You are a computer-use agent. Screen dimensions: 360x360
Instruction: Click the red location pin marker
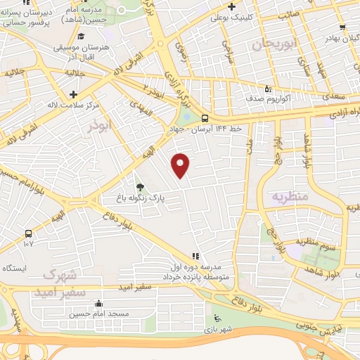pyautogui.click(x=181, y=165)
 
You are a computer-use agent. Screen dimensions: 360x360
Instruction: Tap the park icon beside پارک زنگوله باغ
pyautogui.click(x=140, y=187)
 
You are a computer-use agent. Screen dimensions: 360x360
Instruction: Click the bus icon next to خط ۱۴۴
pyautogui.click(x=205, y=118)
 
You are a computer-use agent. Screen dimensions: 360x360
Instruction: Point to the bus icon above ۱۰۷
pyautogui.click(x=28, y=233)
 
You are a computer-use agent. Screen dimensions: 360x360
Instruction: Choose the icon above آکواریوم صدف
pyautogui.click(x=266, y=89)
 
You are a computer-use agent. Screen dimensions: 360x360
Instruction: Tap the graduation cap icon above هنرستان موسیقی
pyautogui.click(x=82, y=37)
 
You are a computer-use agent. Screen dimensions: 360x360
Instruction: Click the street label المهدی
pyautogui.click(x=139, y=107)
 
